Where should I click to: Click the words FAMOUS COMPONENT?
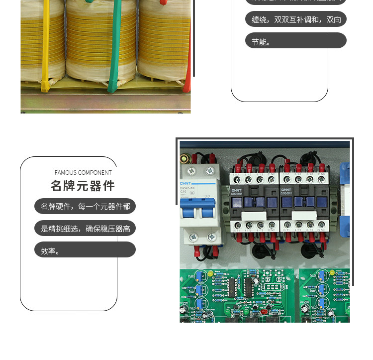click(x=83, y=173)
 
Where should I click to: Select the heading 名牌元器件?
click(x=83, y=186)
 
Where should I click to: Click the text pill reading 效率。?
click(x=85, y=250)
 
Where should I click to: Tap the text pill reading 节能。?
click(x=295, y=41)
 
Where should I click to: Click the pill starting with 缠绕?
click(x=295, y=19)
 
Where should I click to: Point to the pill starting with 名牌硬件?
click(x=85, y=206)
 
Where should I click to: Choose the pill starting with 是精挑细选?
click(x=85, y=228)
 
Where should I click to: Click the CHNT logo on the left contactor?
click(x=236, y=190)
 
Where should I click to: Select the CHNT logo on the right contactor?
click(x=286, y=190)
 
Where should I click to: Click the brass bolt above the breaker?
click(x=186, y=159)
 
